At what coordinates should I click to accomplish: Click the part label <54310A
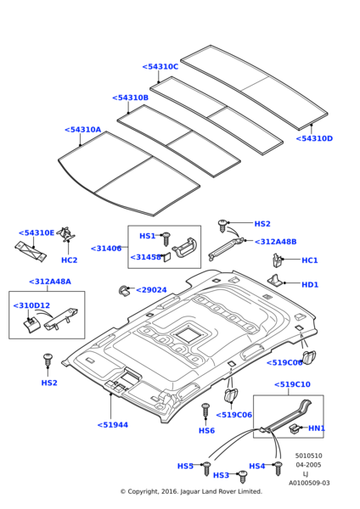pos(83,130)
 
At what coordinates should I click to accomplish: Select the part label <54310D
pos(314,138)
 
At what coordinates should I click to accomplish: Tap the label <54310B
pos(130,98)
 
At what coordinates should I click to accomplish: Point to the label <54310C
pos(160,67)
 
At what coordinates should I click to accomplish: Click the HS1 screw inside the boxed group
pos(166,238)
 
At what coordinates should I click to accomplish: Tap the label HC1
pos(310,260)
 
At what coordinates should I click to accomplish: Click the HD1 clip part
pos(276,280)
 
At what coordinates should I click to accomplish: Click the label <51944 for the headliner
pos(113,425)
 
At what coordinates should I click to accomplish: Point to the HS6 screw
pos(205,411)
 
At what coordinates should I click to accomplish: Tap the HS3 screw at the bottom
pos(242,477)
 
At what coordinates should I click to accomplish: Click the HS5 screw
pos(206,469)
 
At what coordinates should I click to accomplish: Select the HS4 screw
pos(278,468)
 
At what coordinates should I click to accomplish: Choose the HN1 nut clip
pos(295,429)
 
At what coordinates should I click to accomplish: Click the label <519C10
pos(292,384)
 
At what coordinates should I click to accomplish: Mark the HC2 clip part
pos(67,234)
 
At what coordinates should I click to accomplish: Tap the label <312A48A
pos(50,282)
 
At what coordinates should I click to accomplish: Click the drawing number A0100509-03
pos(309,483)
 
